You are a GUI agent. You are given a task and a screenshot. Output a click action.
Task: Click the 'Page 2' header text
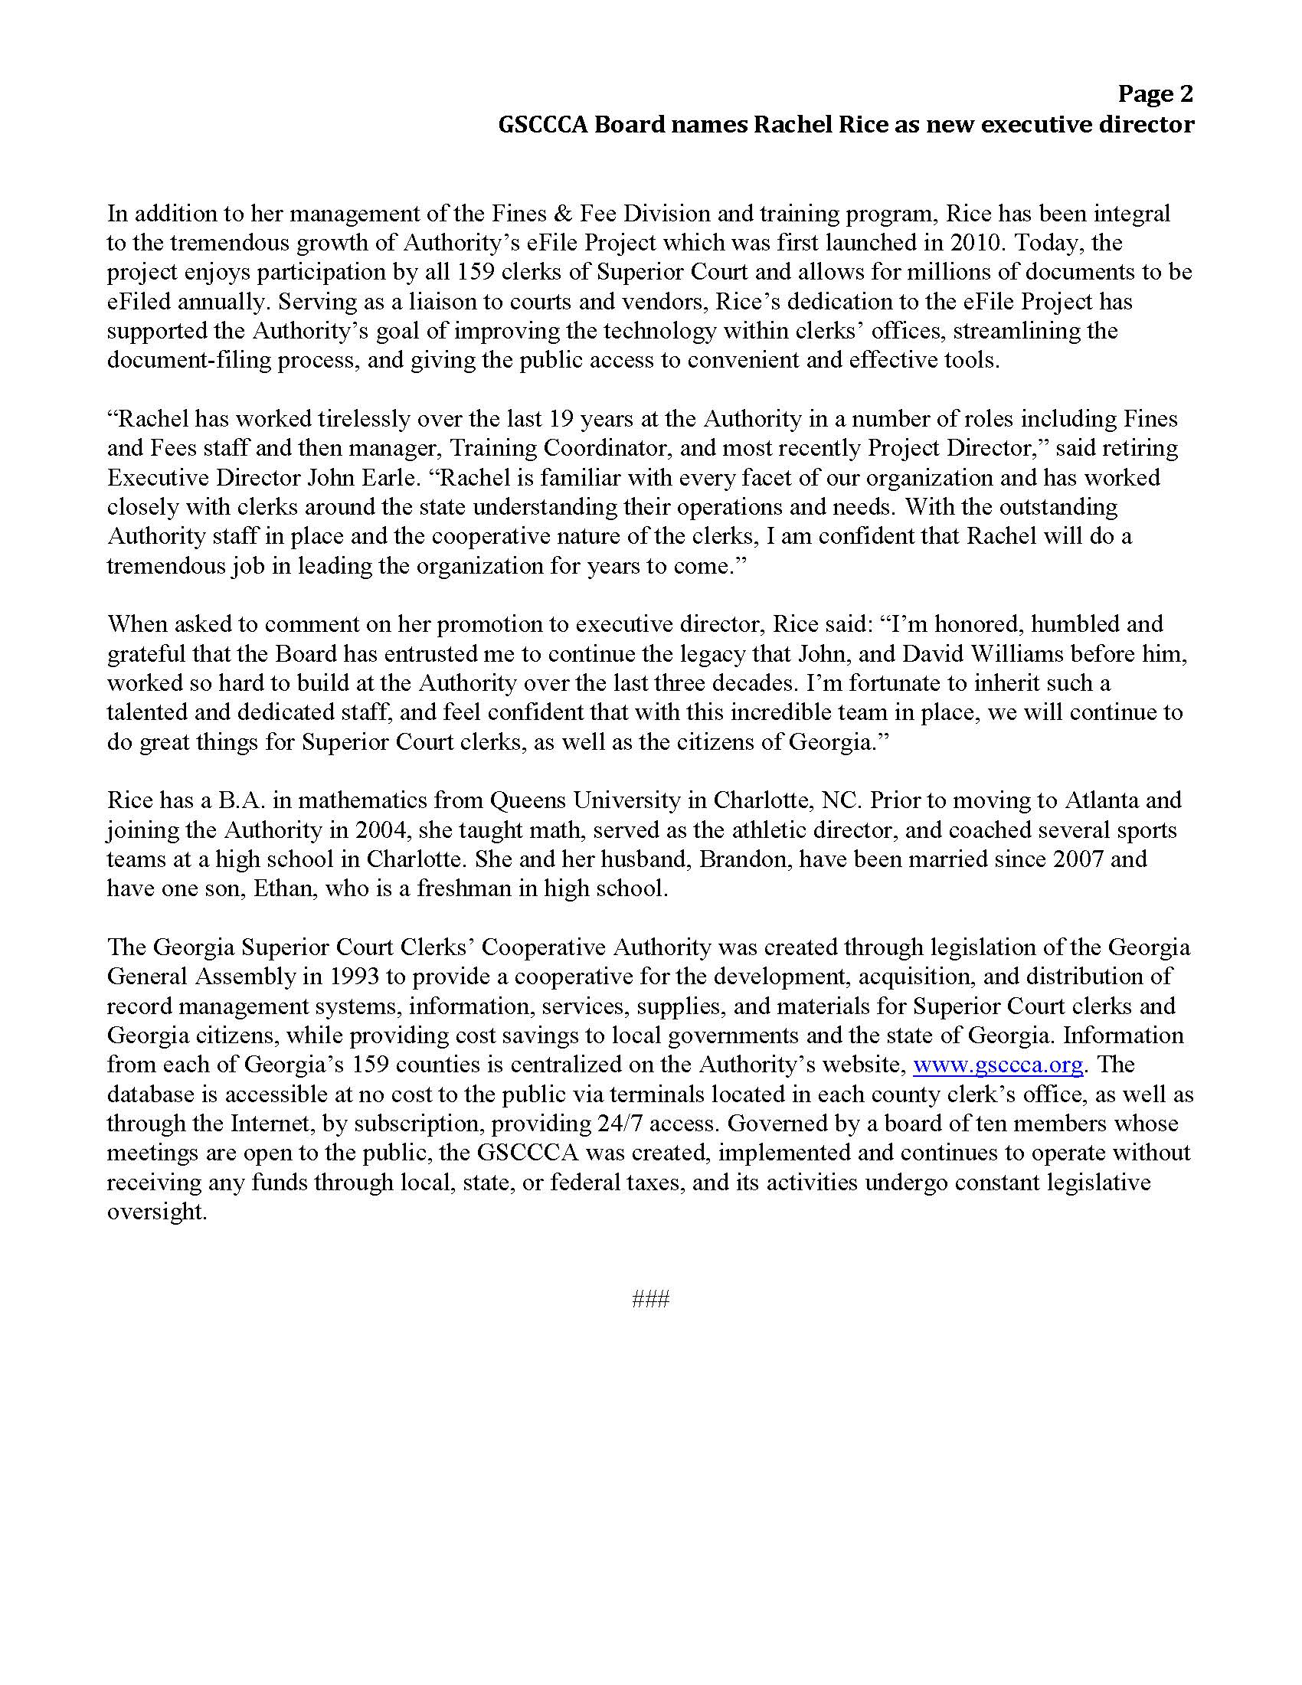[x=1155, y=94]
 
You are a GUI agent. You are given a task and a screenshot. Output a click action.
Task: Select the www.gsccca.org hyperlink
[x=998, y=1065]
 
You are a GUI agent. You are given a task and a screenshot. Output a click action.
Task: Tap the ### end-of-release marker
[x=650, y=1300]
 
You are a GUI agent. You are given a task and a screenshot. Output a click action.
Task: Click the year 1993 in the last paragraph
[x=354, y=976]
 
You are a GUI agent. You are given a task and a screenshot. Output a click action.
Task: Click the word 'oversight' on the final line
[x=155, y=1212]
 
